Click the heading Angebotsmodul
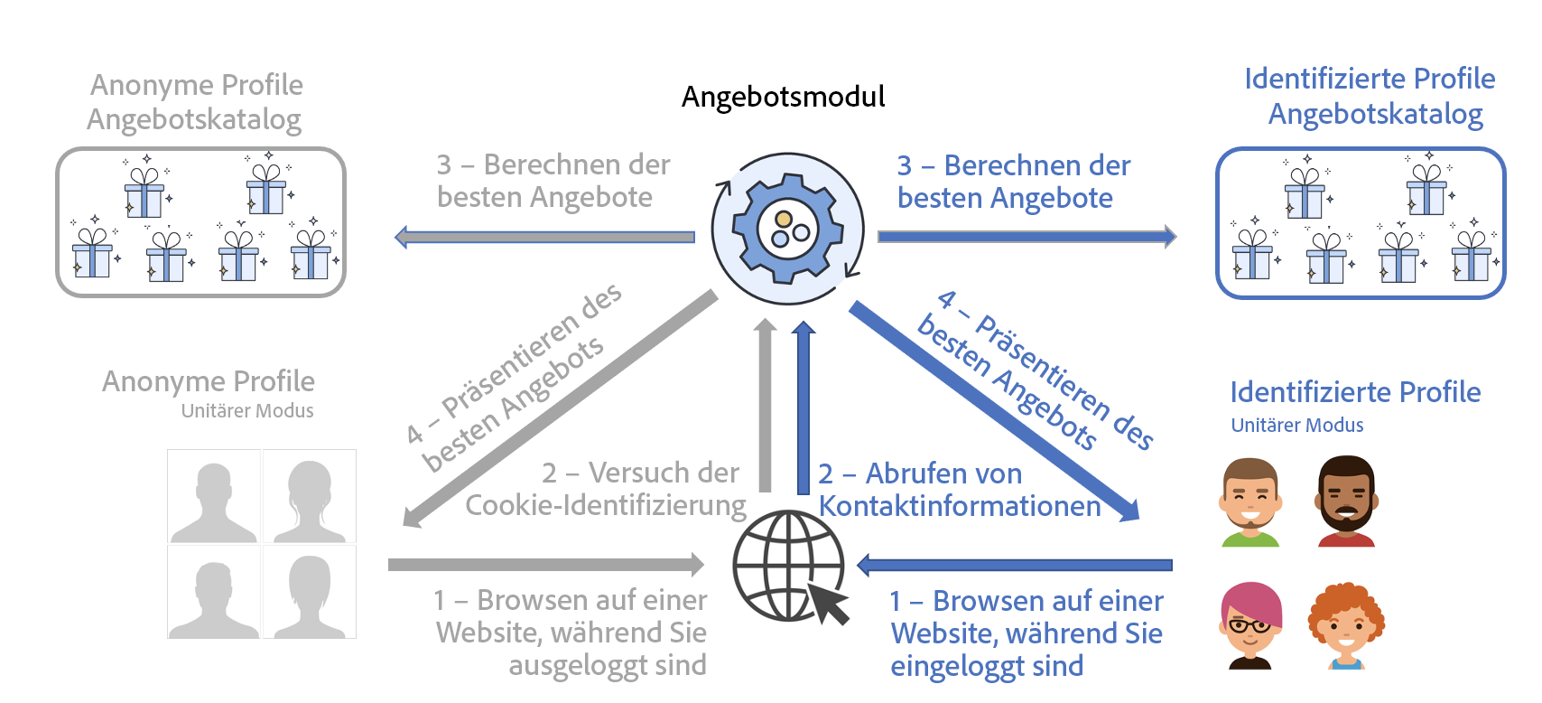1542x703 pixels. click(783, 97)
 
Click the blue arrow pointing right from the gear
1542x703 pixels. click(1026, 237)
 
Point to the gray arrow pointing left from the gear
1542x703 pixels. click(545, 238)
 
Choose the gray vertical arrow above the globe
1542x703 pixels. click(766, 407)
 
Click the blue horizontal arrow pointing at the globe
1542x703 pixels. click(1014, 566)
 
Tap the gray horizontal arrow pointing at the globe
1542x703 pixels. click(545, 565)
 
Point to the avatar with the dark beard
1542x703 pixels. click(1346, 501)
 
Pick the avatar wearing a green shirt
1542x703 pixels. click(1250, 502)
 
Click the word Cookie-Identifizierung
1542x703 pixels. click(606, 505)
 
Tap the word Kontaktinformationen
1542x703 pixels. click(960, 506)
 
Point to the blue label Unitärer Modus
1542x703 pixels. click(1297, 425)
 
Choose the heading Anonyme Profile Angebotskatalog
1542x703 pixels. click(195, 102)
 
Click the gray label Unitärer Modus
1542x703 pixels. click(247, 410)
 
